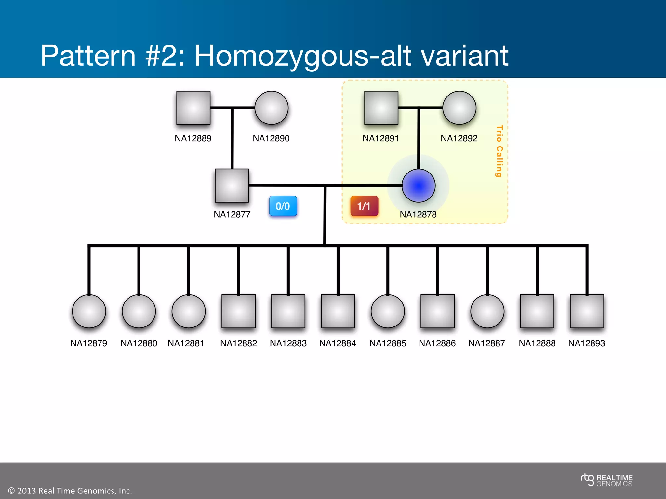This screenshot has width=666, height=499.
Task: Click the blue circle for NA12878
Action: [419, 186]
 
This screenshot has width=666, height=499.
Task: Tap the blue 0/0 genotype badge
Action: [283, 206]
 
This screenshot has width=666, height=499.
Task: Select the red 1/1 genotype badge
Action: [364, 206]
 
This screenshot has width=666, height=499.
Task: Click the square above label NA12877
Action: [232, 186]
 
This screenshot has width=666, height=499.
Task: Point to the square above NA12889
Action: [193, 108]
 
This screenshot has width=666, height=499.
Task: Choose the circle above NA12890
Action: [271, 108]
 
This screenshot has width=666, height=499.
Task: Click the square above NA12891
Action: [381, 108]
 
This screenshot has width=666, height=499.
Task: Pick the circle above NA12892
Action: [459, 108]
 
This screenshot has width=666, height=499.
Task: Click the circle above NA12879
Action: [89, 311]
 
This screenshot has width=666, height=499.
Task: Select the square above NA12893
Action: [587, 311]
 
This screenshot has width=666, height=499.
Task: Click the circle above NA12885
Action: [388, 311]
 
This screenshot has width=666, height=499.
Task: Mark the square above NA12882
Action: [238, 311]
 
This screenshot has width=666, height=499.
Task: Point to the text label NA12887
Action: [486, 343]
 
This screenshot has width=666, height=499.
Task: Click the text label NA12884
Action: [338, 343]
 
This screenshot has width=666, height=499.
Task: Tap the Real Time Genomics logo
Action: [606, 480]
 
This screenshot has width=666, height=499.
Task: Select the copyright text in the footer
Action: [70, 491]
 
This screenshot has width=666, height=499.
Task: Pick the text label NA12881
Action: [186, 343]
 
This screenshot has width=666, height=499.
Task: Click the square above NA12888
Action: [537, 311]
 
